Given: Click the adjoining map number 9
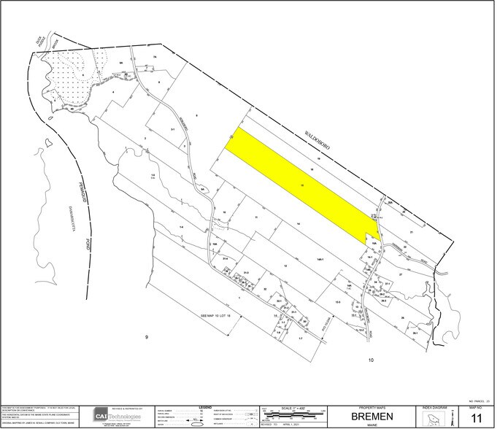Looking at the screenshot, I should tap(146, 337).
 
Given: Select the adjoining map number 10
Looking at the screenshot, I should tap(371, 360).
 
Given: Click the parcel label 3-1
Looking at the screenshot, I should tap(173, 129).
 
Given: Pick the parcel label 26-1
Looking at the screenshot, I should tap(414, 333).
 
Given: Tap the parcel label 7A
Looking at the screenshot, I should tap(154, 57).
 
